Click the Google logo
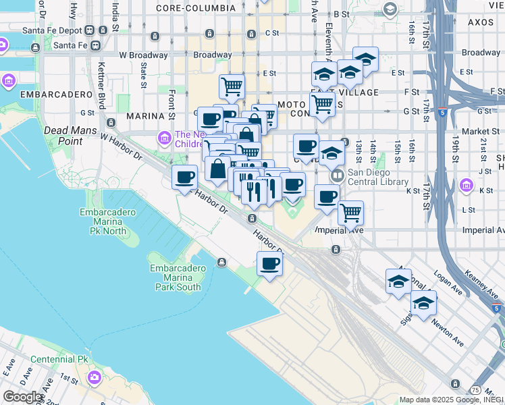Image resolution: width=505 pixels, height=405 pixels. (23, 397)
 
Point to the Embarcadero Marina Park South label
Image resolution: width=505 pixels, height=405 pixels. (177, 277)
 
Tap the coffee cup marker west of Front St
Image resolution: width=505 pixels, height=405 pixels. (184, 178)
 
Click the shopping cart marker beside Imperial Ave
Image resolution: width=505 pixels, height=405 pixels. (350, 213)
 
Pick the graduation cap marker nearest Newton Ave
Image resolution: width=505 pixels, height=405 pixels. (423, 304)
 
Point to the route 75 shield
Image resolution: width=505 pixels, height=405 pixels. (476, 390)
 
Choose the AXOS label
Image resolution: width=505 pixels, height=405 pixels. (482, 22)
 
